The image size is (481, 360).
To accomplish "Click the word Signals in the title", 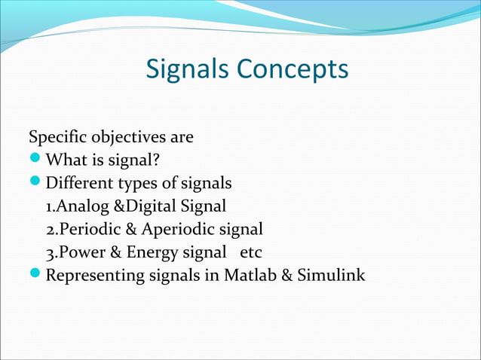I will click(189, 69).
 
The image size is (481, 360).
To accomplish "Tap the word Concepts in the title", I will click(293, 69).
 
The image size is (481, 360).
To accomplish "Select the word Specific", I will click(57, 138).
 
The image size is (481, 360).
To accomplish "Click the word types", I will click(142, 183).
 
